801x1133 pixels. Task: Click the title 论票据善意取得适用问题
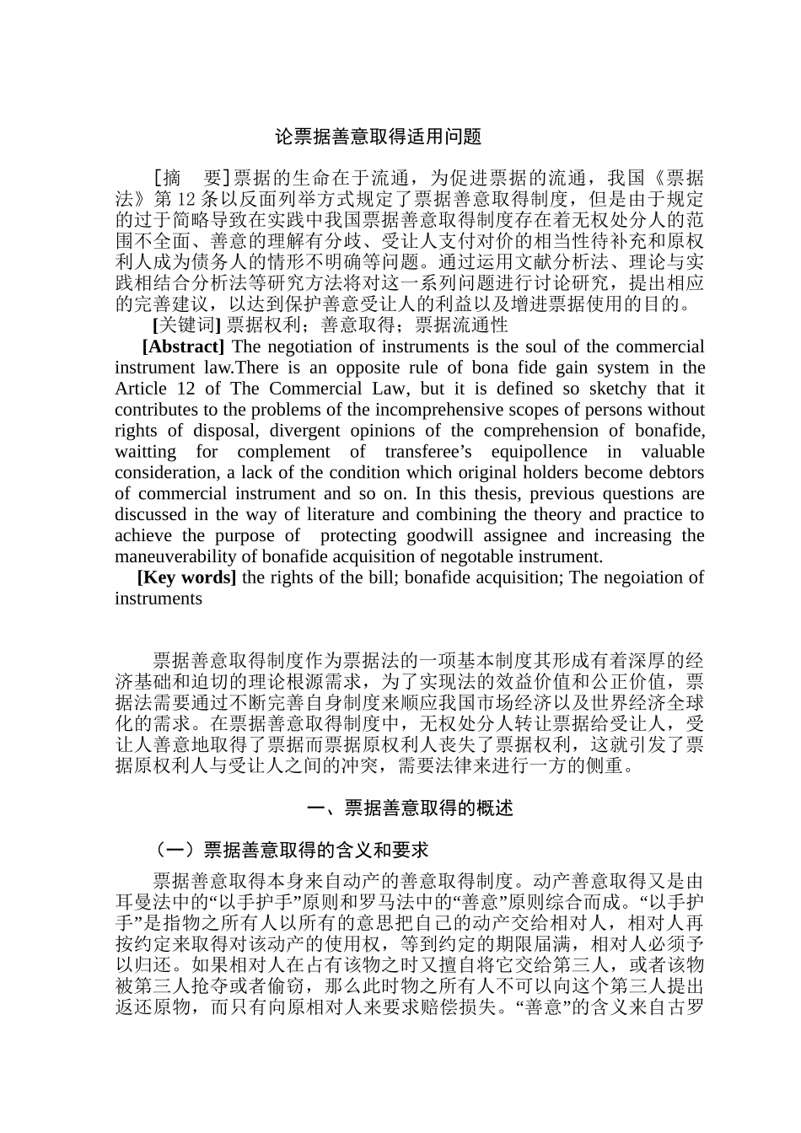(379, 137)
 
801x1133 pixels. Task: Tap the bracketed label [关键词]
(186, 325)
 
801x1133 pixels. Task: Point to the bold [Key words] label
(187, 577)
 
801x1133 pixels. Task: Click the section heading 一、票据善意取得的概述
(411, 808)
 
